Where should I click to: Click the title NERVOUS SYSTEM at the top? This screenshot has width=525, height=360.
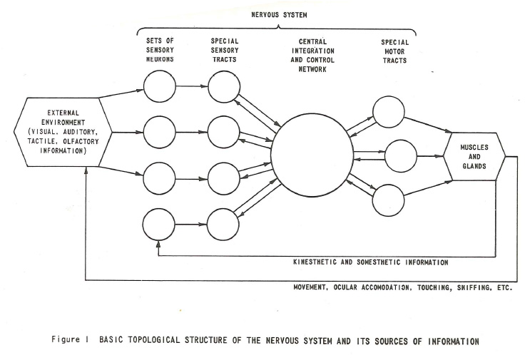[x=279, y=15]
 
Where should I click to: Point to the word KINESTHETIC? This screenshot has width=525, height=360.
[x=315, y=262]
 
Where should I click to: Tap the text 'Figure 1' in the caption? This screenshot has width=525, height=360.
[x=70, y=339]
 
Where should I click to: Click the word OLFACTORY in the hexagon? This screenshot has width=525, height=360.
[x=81, y=142]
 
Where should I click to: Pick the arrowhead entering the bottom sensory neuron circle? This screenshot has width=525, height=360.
[x=158, y=244]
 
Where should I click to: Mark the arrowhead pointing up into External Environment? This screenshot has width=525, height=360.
[x=86, y=170]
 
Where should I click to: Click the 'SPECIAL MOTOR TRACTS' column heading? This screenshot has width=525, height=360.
[x=394, y=51]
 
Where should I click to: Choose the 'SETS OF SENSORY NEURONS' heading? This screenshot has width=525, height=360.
[x=160, y=50]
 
